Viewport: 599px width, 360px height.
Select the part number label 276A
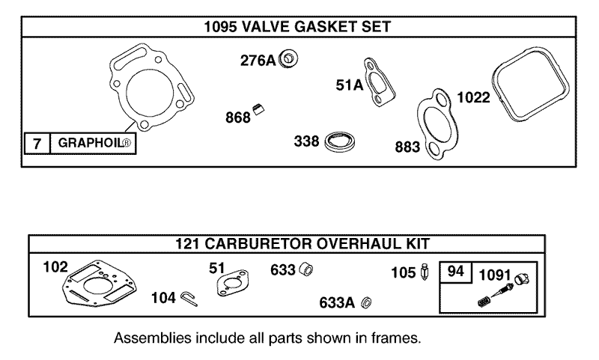coord(257,61)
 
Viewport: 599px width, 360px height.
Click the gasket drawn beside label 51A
coord(380,79)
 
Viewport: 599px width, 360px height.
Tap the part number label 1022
coord(473,97)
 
